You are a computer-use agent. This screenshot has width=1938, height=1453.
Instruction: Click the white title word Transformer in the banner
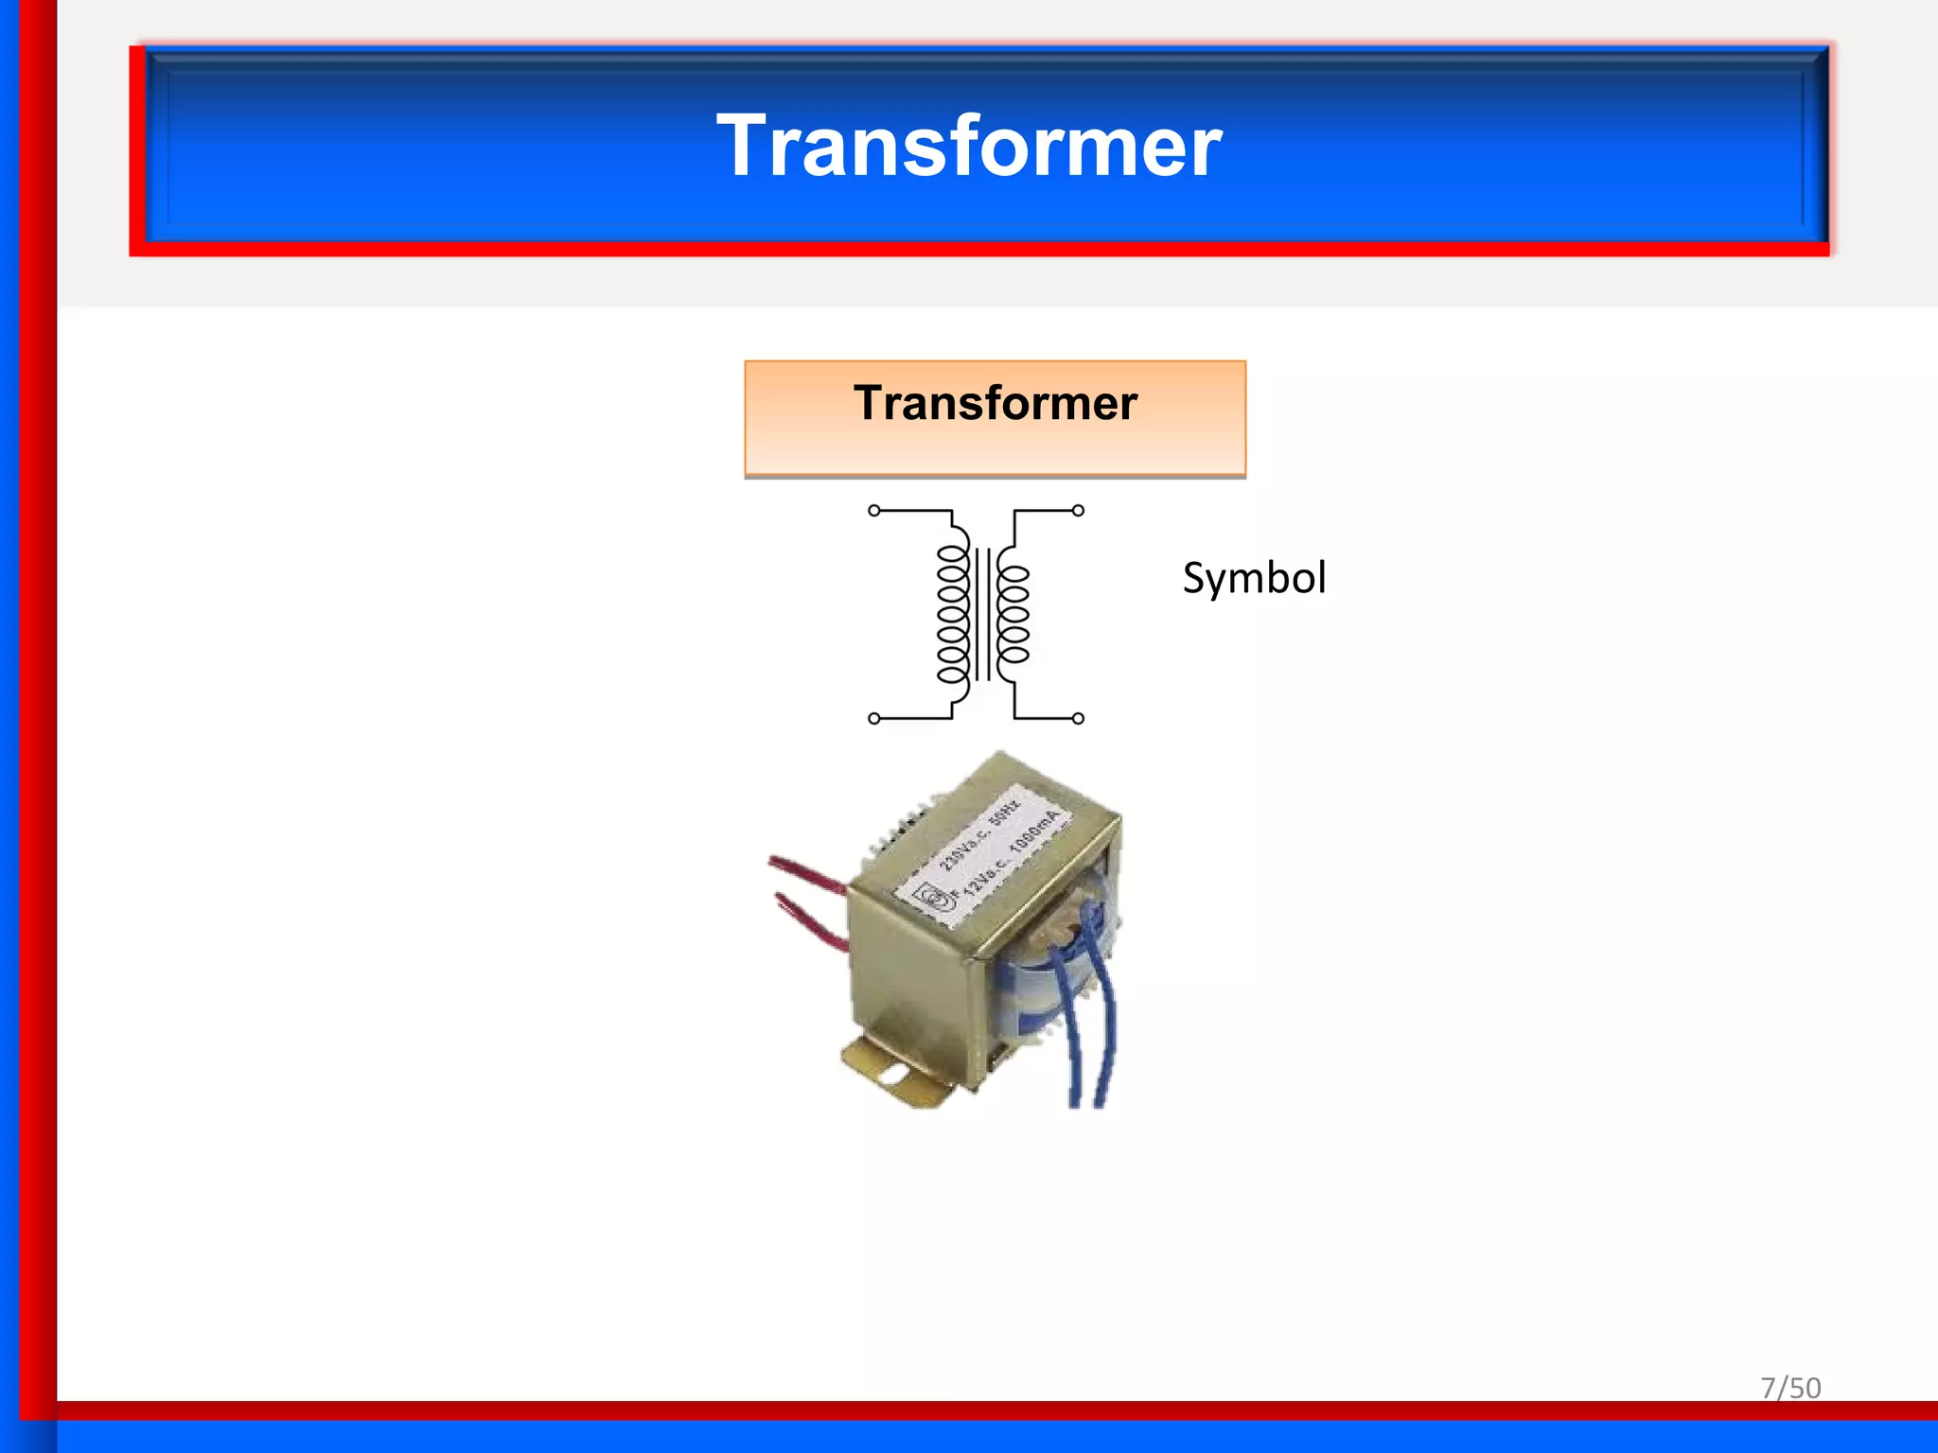(969, 146)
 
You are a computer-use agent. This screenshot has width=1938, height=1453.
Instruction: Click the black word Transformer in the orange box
(995, 403)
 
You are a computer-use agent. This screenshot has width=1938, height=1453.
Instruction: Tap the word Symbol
(1254, 578)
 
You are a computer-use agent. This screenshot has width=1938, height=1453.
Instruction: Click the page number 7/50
(1789, 1387)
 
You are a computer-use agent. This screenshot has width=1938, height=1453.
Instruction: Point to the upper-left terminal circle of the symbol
(874, 511)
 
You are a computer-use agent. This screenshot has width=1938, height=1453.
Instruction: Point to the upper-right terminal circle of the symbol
(1078, 511)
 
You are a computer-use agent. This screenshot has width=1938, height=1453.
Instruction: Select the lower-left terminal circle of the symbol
(874, 719)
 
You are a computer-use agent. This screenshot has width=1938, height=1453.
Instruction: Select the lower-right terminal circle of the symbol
(1078, 719)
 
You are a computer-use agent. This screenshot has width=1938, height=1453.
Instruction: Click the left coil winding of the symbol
(953, 615)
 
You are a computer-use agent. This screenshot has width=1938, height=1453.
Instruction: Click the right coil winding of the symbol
(1013, 615)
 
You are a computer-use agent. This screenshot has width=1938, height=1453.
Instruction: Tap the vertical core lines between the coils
(983, 615)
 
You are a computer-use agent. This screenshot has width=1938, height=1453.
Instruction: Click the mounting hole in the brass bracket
(890, 1076)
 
